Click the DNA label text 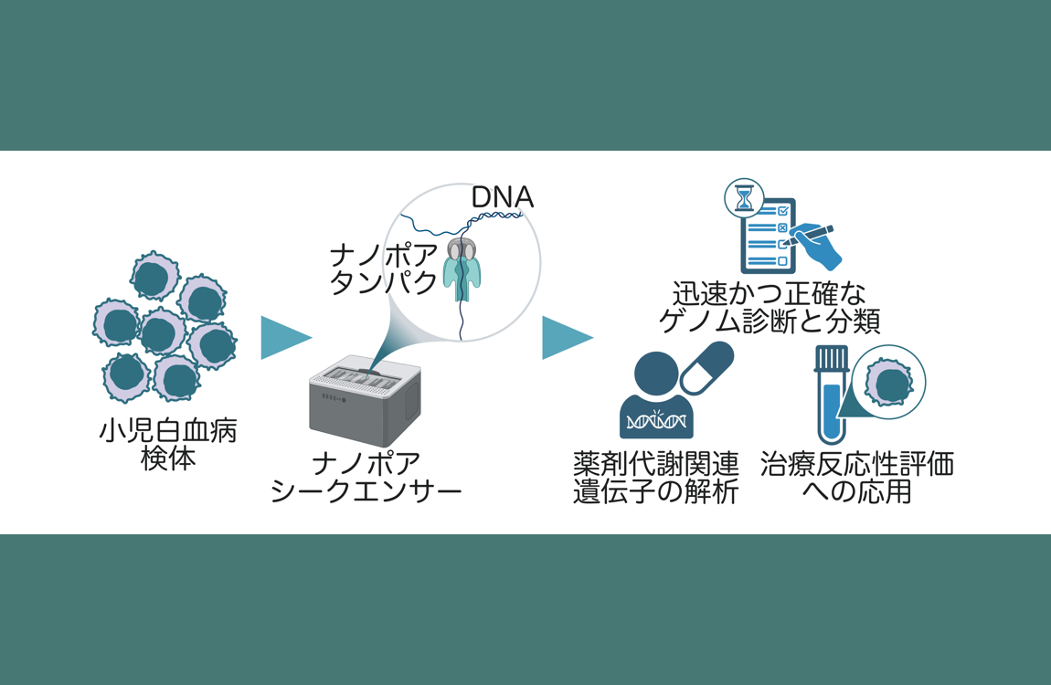click(x=503, y=197)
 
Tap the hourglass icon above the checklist click(x=744, y=197)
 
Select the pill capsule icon click(x=706, y=367)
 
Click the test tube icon click(x=832, y=395)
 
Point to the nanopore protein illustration click(x=462, y=268)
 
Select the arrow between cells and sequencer click(x=286, y=338)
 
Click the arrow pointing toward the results click(x=568, y=338)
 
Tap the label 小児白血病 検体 click(x=168, y=444)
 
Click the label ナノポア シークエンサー click(x=366, y=478)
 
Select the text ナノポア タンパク click(x=384, y=269)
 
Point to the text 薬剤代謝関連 click(x=655, y=463)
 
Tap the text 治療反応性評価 click(x=857, y=464)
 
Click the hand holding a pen click(x=812, y=244)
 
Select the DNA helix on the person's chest click(x=656, y=420)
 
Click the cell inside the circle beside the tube click(x=889, y=383)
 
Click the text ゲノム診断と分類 click(x=770, y=321)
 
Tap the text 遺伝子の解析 click(x=655, y=491)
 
